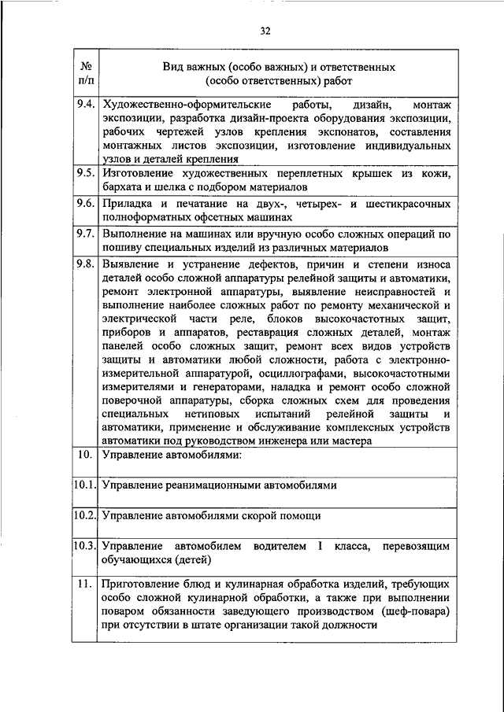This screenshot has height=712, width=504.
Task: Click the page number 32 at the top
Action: point(265,31)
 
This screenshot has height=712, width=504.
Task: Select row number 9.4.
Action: point(86,105)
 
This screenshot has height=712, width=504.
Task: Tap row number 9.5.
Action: point(86,173)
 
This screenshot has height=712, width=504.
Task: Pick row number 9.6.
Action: point(86,203)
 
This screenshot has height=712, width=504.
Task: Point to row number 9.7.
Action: point(86,234)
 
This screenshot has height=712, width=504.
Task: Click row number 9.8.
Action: point(86,264)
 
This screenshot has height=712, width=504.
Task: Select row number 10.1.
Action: point(85,485)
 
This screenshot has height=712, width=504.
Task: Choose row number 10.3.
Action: point(85,545)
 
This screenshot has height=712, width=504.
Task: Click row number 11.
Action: point(86,583)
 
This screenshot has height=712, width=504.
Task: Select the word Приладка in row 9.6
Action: point(128,203)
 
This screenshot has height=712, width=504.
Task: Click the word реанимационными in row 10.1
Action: point(213,485)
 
